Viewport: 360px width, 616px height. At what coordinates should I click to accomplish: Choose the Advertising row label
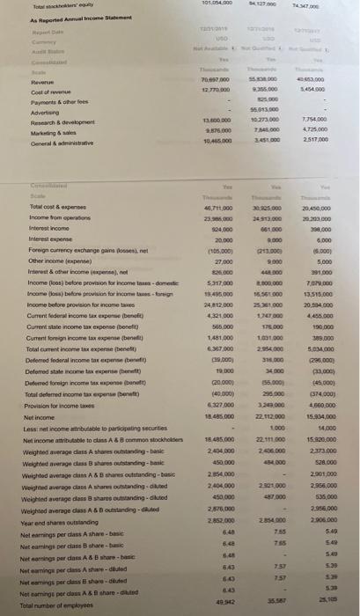coord(22,114)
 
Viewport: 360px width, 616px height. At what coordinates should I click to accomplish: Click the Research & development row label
coord(39,123)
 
